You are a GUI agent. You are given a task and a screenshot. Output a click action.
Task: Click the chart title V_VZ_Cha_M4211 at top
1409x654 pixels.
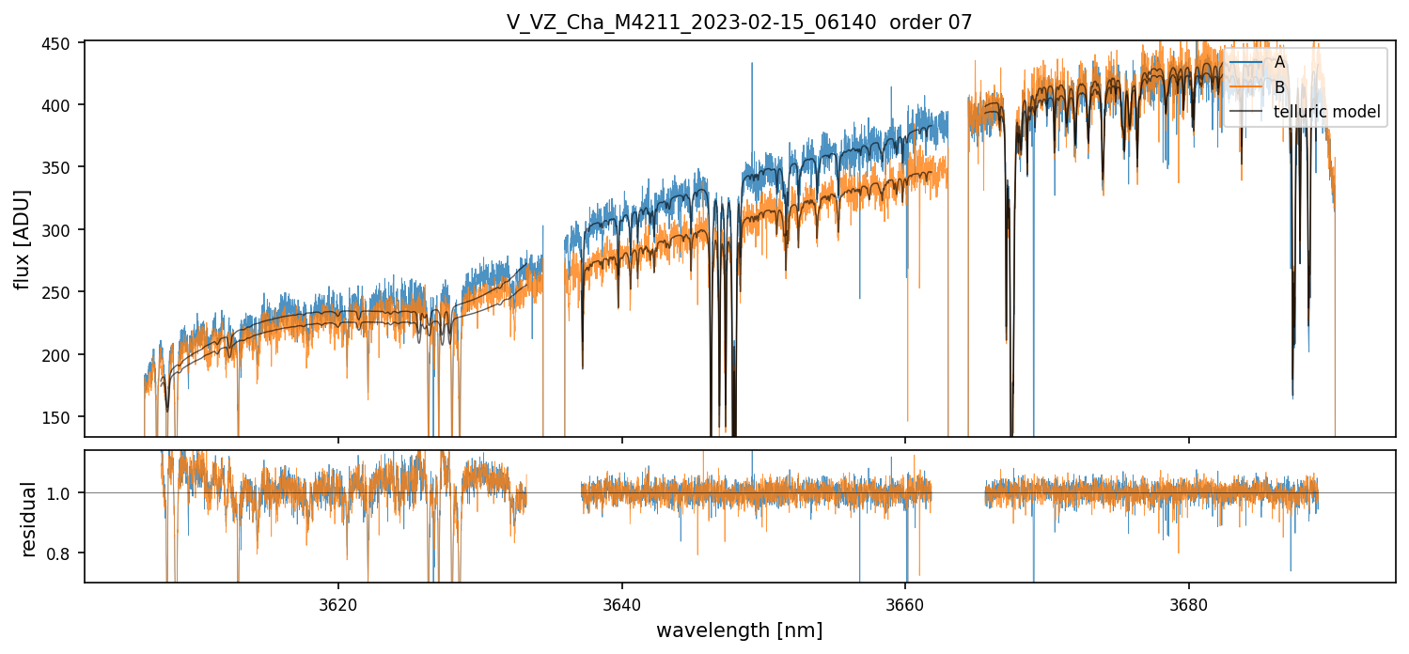(x=739, y=23)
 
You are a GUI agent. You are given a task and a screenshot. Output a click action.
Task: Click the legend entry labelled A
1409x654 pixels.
(x=1279, y=63)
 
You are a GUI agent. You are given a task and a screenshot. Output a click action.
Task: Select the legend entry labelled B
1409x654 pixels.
(x=1279, y=87)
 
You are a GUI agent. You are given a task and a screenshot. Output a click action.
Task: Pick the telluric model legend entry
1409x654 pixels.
(x=1326, y=112)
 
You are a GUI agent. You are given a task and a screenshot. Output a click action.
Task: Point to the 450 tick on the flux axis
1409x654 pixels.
(x=65, y=42)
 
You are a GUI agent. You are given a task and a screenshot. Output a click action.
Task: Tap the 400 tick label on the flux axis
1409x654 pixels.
(x=65, y=104)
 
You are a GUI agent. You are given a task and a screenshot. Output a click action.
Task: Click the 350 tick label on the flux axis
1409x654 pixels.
(x=65, y=167)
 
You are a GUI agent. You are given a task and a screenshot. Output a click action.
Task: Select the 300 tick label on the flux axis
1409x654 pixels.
(x=65, y=229)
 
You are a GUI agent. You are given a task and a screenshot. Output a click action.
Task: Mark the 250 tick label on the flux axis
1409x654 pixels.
(x=65, y=292)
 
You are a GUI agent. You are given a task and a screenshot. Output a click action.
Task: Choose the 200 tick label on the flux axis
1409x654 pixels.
(x=65, y=354)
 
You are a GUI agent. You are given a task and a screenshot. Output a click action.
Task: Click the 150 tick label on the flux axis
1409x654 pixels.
(x=65, y=417)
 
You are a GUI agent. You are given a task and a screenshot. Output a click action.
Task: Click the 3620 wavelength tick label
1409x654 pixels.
(x=338, y=603)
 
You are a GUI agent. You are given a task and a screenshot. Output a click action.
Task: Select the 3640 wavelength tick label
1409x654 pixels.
(x=622, y=603)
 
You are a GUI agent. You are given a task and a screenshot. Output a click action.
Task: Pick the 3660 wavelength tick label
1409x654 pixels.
(x=905, y=603)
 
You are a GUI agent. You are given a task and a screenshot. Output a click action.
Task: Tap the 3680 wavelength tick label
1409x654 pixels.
(x=1189, y=603)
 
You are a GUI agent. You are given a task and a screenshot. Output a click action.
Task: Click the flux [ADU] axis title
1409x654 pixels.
(x=23, y=239)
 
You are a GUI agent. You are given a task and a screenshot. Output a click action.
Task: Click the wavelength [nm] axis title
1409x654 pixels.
(x=739, y=631)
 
